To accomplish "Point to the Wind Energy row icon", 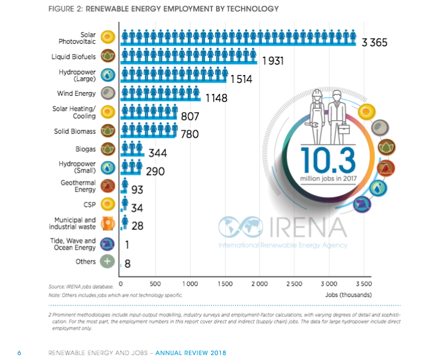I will click(108, 94).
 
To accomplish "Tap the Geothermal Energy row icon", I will click(108, 186).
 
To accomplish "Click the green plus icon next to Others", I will click(108, 261).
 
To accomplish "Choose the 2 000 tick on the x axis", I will click(260, 284).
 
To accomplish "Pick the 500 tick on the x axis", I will click(155, 284).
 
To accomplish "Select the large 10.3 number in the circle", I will click(327, 160).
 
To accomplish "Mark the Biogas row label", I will click(85, 148).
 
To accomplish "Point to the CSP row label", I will click(90, 204).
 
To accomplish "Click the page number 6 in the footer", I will click(20, 353).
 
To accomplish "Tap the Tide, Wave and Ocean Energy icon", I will click(108, 244).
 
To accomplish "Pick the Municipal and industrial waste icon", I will click(108, 223).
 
